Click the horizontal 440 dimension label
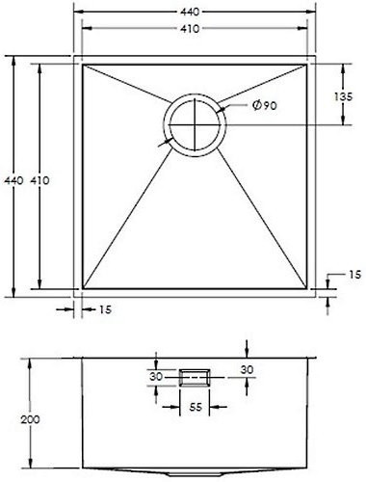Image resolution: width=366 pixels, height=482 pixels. click(x=190, y=12)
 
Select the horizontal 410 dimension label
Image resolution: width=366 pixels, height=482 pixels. click(x=190, y=29)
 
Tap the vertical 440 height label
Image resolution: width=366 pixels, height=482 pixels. click(x=13, y=180)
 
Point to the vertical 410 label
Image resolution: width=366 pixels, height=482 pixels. click(x=39, y=180)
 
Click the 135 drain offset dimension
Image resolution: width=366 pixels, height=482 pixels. click(x=343, y=96)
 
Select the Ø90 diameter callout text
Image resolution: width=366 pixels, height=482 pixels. click(x=265, y=105)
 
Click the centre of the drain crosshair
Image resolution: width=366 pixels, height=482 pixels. click(x=195, y=124)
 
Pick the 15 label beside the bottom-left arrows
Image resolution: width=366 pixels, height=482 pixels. click(x=105, y=309)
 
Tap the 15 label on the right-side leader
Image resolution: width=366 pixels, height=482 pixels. click(x=354, y=275)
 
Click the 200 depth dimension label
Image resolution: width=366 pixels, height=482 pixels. click(x=30, y=419)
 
